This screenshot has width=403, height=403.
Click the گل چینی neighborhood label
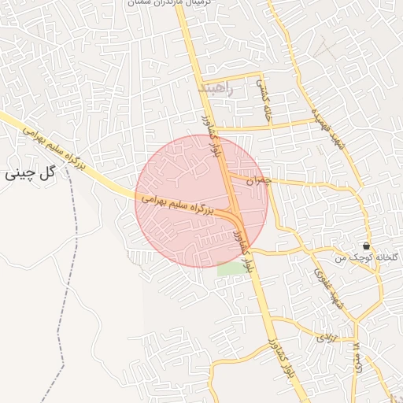(x=31, y=172)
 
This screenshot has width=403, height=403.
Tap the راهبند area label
(x=218, y=89)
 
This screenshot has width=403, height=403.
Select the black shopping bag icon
(x=367, y=246)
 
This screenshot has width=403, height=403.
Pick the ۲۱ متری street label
(x=357, y=357)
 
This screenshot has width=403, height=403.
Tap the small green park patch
(x=231, y=268)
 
